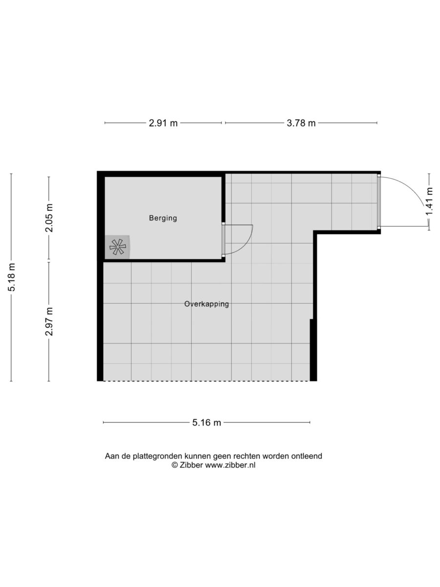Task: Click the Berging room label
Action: tap(163, 218)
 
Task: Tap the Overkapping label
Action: tap(206, 304)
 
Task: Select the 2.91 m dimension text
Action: tap(163, 123)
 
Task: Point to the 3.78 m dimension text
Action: tap(301, 123)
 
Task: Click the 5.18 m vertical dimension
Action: tap(12, 277)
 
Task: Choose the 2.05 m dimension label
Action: tap(49, 218)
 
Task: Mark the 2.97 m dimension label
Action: tap(49, 321)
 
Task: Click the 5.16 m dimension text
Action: tap(206, 423)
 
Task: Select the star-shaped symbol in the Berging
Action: tap(117, 247)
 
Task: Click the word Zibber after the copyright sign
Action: tap(191, 465)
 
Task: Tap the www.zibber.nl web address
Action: tap(230, 465)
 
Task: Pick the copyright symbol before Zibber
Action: tap(175, 465)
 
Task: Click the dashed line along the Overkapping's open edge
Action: tap(206, 381)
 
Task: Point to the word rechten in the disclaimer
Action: tap(247, 456)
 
